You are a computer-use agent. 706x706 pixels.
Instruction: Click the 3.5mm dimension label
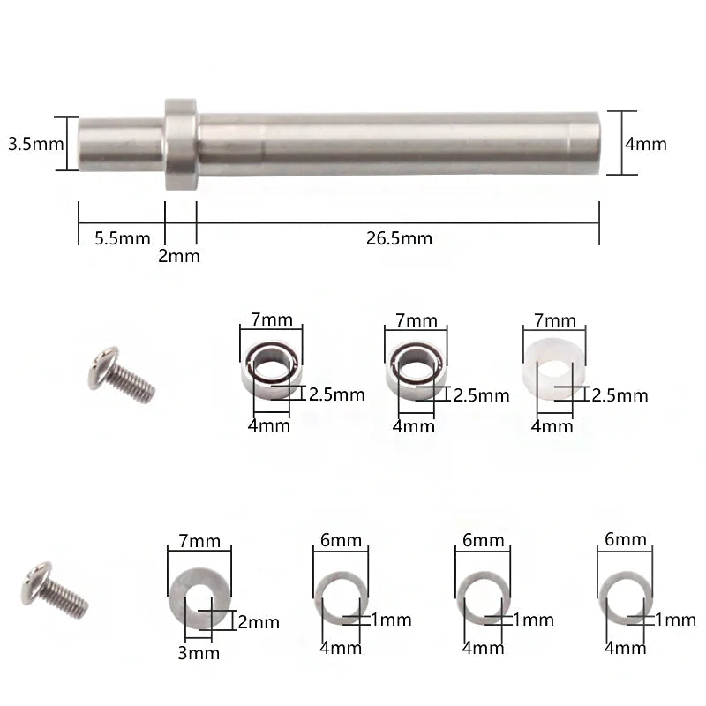point(36,144)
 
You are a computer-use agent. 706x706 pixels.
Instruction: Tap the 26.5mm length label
point(399,238)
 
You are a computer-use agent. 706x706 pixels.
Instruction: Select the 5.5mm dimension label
point(123,238)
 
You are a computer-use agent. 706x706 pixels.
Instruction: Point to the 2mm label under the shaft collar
point(179,256)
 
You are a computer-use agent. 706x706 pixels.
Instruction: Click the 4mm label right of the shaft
point(646,144)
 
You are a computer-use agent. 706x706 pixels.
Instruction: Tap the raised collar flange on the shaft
point(181,144)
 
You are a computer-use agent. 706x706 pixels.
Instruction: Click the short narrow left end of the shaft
point(121,144)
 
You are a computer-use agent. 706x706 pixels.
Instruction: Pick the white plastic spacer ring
point(554,368)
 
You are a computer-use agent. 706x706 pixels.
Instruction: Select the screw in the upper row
point(122,374)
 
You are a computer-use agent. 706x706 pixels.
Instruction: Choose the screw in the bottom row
point(55,590)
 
